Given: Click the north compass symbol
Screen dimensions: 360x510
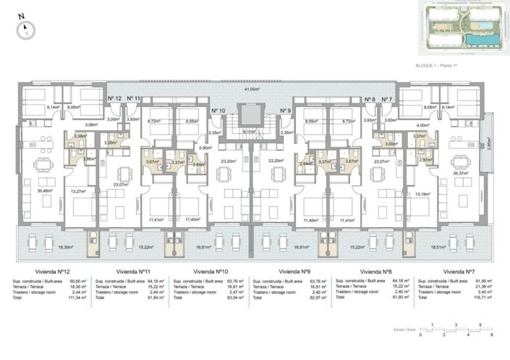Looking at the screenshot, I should (x=26, y=28).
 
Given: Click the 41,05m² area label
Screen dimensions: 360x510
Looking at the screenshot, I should (x=251, y=89).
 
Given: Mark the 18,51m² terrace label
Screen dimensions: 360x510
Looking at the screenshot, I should (x=459, y=247).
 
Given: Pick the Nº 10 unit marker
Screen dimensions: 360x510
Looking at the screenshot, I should (x=218, y=111).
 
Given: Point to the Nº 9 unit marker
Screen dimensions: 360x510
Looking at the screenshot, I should (x=285, y=111).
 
